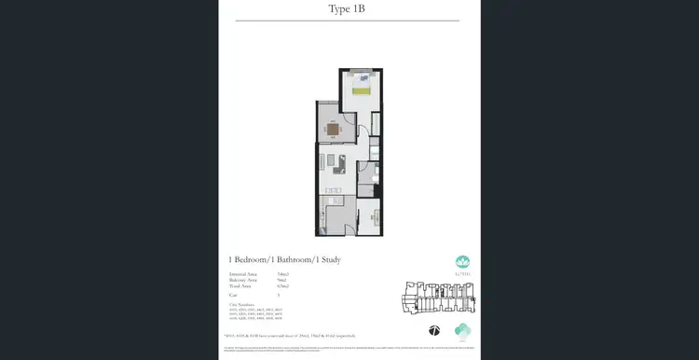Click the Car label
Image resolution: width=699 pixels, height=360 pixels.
pyautogui.click(x=232, y=294)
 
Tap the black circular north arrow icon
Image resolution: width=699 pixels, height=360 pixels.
pyautogui.click(x=433, y=329)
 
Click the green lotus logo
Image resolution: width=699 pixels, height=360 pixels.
pyautogui.click(x=463, y=263)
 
